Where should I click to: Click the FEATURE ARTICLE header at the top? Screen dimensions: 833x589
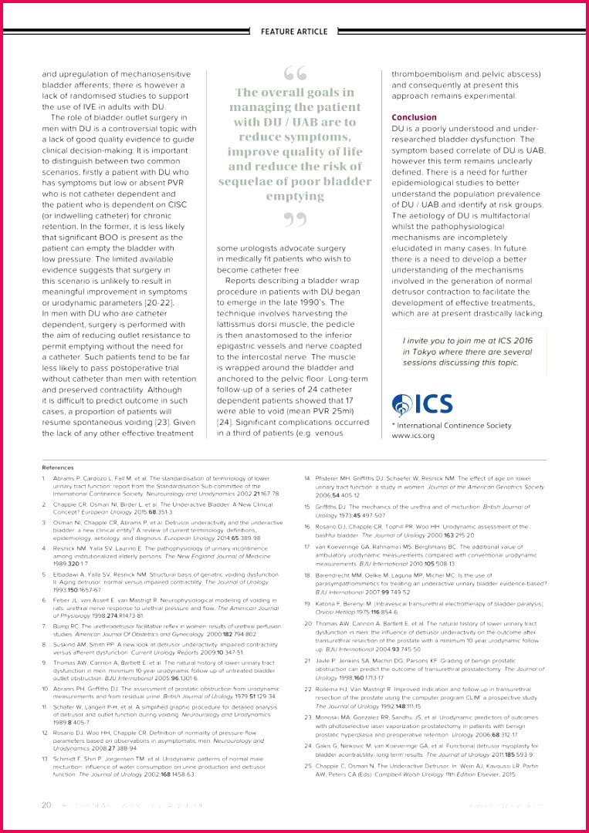pyautogui.click(x=294, y=32)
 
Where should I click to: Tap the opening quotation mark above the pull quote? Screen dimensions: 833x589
pyautogui.click(x=295, y=73)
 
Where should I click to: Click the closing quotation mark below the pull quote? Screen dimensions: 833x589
pyautogui.click(x=295, y=221)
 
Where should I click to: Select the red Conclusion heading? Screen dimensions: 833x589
pyautogui.click(x=414, y=117)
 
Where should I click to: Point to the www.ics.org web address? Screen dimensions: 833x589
pyautogui.click(x=413, y=436)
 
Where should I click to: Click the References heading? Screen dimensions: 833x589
pyautogui.click(x=58, y=467)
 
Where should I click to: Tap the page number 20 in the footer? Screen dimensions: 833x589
pyautogui.click(x=46, y=805)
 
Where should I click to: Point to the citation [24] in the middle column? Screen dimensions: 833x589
pyautogui.click(x=225, y=423)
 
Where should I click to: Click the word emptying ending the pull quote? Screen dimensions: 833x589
pyautogui.click(x=295, y=196)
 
